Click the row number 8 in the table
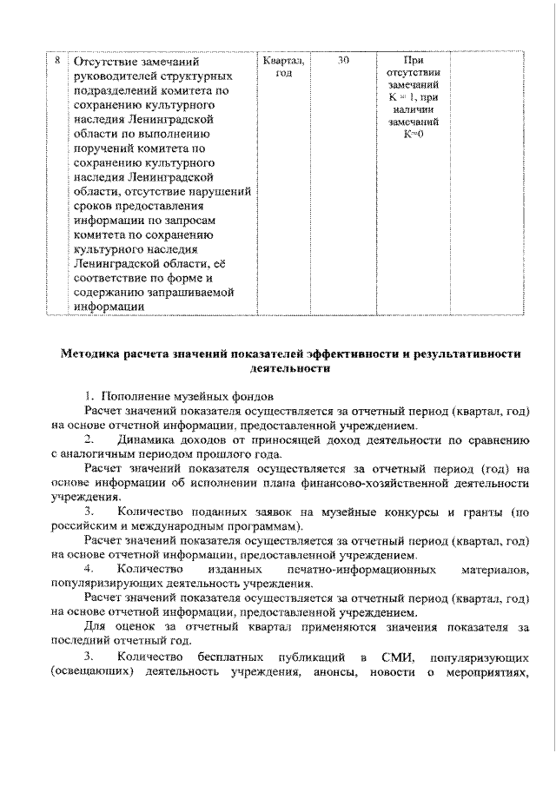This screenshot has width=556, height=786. pos(56,62)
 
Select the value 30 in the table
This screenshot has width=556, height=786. pos(344,61)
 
